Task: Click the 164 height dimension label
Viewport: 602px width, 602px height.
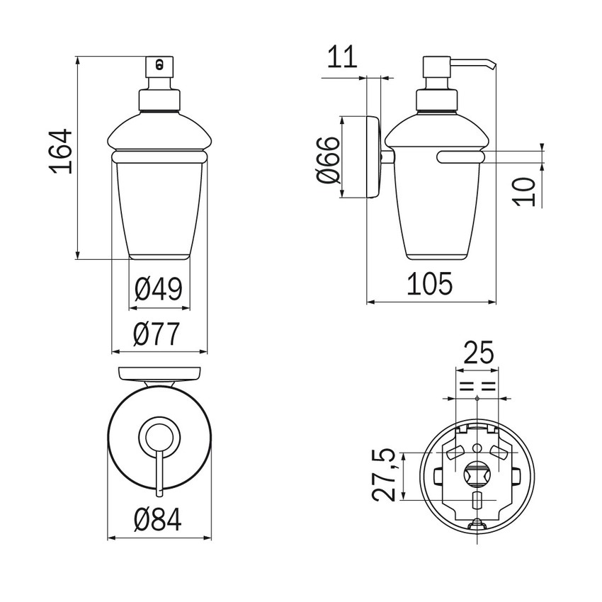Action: (x=62, y=152)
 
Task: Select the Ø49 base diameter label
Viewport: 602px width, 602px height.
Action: (x=158, y=289)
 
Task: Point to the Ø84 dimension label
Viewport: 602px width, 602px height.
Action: (x=158, y=519)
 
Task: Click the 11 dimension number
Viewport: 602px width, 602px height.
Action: (x=342, y=57)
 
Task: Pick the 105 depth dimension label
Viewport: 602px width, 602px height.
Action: (x=430, y=284)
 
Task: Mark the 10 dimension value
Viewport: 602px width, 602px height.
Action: (x=525, y=192)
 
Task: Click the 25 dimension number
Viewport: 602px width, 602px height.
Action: (x=478, y=353)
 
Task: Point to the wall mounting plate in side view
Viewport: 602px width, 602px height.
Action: (x=373, y=157)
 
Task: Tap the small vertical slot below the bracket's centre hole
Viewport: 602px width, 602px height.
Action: (x=477, y=500)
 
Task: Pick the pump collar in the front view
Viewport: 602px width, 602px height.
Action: (x=159, y=101)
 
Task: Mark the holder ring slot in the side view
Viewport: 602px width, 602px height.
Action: (x=461, y=157)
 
